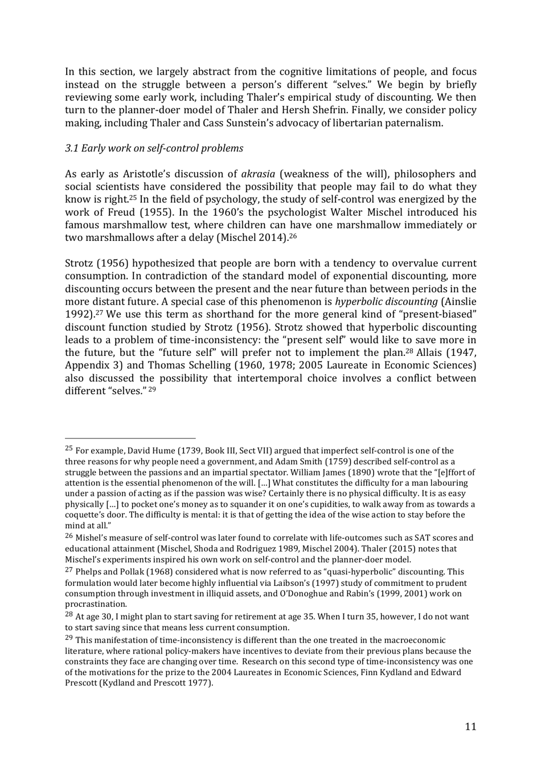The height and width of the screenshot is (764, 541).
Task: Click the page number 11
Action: (x=470, y=726)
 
